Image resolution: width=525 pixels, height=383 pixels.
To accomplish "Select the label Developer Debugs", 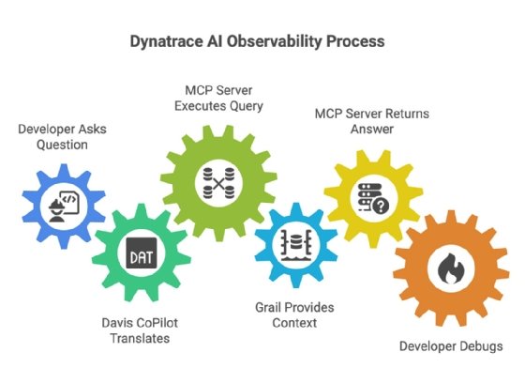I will point(451,346).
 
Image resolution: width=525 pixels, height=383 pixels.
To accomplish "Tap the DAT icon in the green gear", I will point(137,254).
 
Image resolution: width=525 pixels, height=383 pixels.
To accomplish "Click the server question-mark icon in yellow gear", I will point(366,198).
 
